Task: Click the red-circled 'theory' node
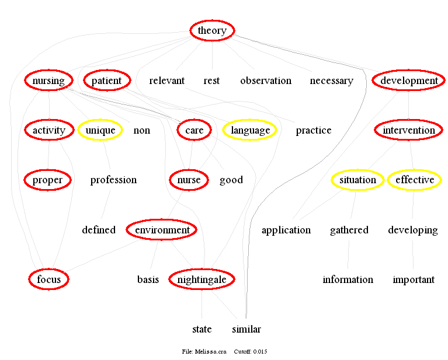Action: pos(212,31)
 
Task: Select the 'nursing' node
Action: pos(48,81)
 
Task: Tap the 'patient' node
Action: pos(106,81)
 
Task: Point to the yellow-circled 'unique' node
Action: pos(100,130)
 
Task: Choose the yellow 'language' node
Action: pos(250,130)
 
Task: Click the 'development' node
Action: pos(409,81)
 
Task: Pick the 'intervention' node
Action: pos(409,130)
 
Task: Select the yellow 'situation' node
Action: pos(357,180)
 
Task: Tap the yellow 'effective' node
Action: pos(415,180)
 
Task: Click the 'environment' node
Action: pos(162,230)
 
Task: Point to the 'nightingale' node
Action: pos(202,279)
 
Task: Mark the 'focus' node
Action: pos(49,279)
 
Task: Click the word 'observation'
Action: pos(266,81)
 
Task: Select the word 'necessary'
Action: pos(331,81)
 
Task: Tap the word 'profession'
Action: pos(113,180)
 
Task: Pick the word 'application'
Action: pos(286,230)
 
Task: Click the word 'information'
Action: pos(348,279)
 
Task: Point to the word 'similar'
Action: pos(246,329)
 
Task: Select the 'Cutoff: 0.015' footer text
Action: pos(251,352)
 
